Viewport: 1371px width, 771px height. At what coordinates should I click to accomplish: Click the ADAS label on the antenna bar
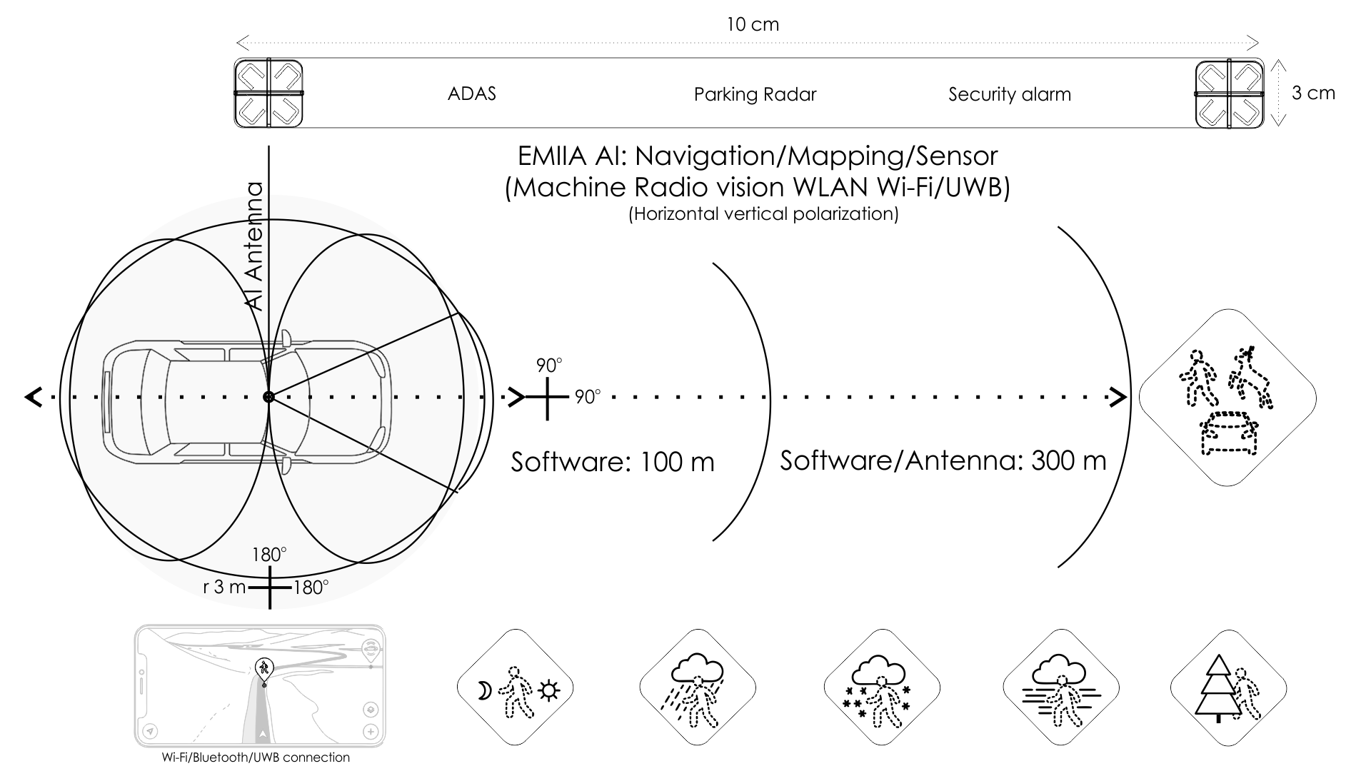coord(471,94)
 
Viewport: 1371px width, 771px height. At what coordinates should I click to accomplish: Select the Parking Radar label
coord(755,94)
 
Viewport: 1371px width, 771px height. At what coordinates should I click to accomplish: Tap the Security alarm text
coord(1010,94)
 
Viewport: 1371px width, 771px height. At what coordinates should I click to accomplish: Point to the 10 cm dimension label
coord(753,24)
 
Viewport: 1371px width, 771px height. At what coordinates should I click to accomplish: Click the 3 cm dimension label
coord(1313,93)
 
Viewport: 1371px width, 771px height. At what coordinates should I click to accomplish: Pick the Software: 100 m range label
coord(613,462)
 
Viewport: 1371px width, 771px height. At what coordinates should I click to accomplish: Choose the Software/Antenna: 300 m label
coord(943,460)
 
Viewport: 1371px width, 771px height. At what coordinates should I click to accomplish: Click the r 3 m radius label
coord(224,587)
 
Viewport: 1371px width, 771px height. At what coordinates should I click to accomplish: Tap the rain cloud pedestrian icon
coord(697,688)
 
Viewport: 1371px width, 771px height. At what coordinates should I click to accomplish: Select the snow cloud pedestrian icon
coord(882,688)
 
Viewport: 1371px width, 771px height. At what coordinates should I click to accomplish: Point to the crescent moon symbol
coord(485,690)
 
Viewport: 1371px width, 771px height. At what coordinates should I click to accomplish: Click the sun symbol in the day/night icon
coord(548,690)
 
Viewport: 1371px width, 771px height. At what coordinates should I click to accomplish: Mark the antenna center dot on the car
coord(268,397)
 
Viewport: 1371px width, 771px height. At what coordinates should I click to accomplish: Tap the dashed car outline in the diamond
coord(1228,433)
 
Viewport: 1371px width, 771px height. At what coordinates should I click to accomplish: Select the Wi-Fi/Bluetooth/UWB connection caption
coord(256,757)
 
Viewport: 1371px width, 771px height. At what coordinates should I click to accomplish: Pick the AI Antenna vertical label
coord(255,246)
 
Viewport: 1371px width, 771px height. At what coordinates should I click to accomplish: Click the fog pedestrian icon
coord(1061,688)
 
